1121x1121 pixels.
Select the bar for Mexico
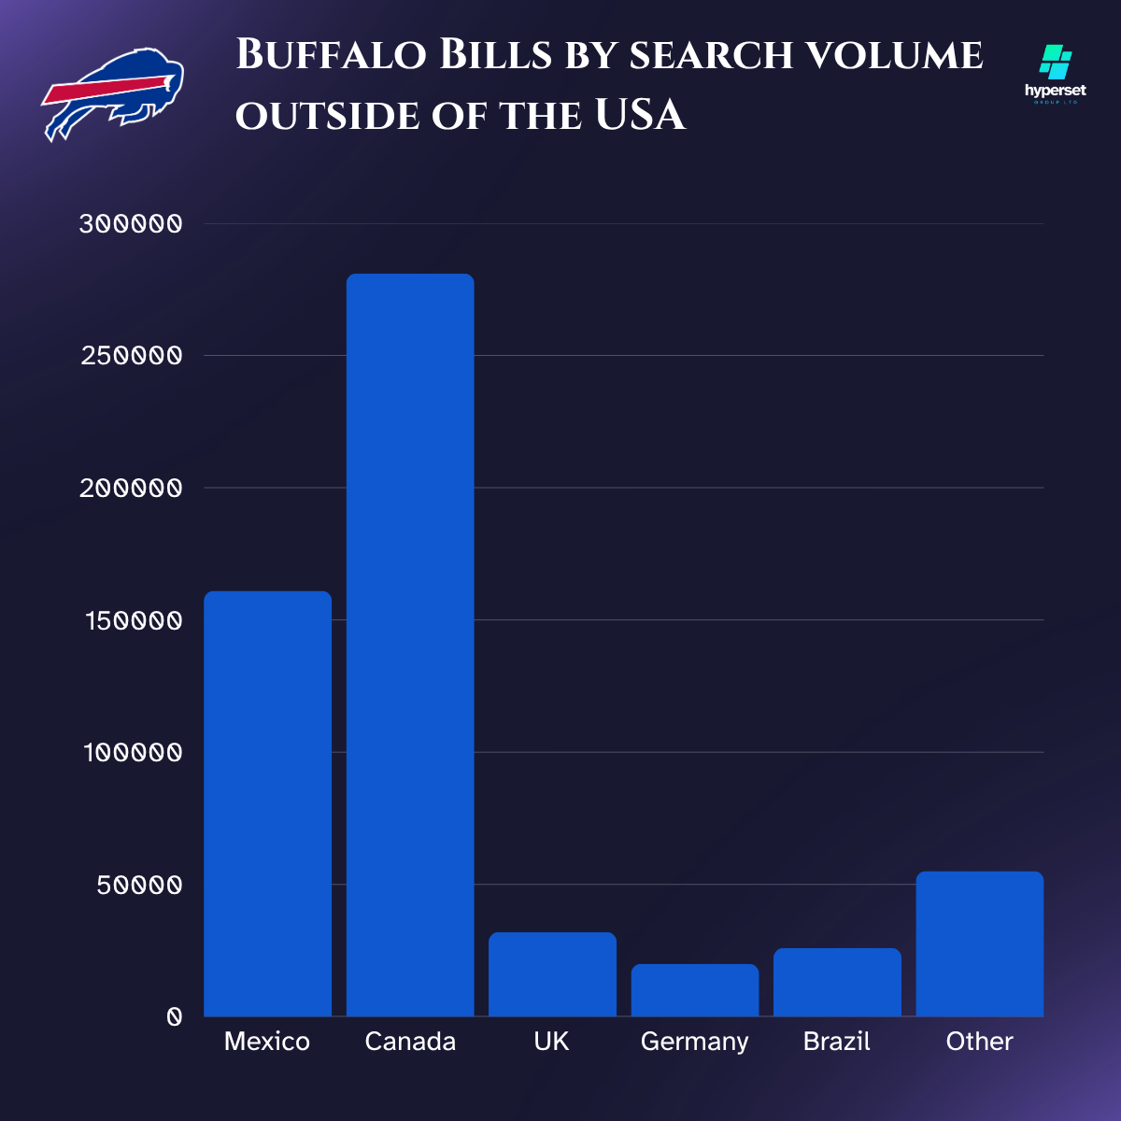pyautogui.click(x=267, y=803)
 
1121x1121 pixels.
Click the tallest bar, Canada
pyautogui.click(x=410, y=645)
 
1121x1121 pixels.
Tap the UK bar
pyautogui.click(x=552, y=974)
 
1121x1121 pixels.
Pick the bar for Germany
pyautogui.click(x=695, y=990)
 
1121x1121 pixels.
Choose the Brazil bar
pyautogui.click(x=837, y=982)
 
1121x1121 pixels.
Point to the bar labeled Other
pyautogui.click(x=979, y=944)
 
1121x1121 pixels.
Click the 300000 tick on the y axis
pyautogui.click(x=131, y=224)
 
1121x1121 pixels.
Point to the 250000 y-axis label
pyautogui.click(x=131, y=356)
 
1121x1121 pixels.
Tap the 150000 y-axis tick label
pyautogui.click(x=131, y=620)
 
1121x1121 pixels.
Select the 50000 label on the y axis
pyautogui.click(x=139, y=885)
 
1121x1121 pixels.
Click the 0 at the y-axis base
pyautogui.click(x=174, y=1017)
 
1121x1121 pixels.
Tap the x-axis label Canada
pyautogui.click(x=410, y=1042)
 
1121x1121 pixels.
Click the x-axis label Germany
pyautogui.click(x=695, y=1042)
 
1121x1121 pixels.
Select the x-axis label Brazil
pyautogui.click(x=837, y=1042)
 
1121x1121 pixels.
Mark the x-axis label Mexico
pyautogui.click(x=267, y=1042)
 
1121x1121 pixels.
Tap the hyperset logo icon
pyautogui.click(x=1056, y=64)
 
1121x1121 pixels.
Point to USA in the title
pyautogui.click(x=640, y=116)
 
